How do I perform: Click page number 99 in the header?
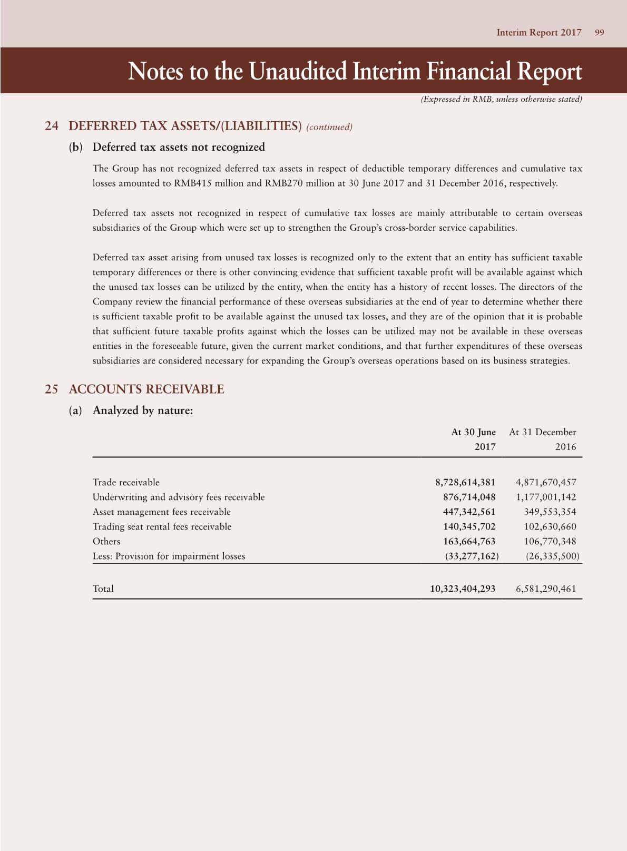coord(599,33)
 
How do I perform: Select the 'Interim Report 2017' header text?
coord(538,33)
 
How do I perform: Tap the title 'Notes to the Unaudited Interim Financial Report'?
coord(355,72)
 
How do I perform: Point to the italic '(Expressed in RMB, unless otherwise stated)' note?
coord(501,99)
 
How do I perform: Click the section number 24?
coord(51,126)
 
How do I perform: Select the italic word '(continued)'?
coord(329,127)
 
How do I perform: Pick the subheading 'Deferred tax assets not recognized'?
coord(179,147)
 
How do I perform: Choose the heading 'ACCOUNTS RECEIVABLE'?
coord(146,389)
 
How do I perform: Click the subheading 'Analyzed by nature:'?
coord(143,410)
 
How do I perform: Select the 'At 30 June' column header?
coord(473,432)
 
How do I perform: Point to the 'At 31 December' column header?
coord(543,432)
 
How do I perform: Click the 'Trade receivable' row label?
coord(126,482)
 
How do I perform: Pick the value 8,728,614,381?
coord(465,482)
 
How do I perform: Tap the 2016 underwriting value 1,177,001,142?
coord(546,497)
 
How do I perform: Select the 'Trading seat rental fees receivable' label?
coord(162,526)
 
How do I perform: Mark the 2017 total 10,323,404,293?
coord(463,589)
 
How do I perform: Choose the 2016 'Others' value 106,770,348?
coord(550,541)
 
